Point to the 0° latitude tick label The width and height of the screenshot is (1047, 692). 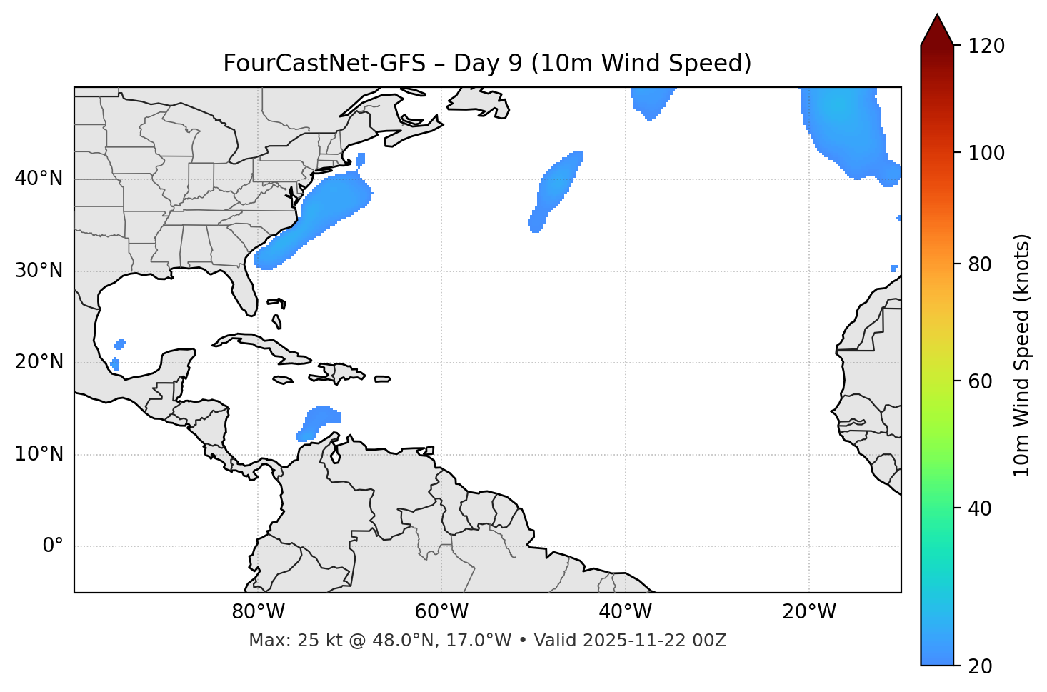coord(53,546)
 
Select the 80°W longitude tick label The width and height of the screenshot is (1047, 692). coord(258,612)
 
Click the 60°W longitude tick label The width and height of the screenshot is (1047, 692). coord(441,612)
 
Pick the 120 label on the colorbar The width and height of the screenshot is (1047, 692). coord(987,46)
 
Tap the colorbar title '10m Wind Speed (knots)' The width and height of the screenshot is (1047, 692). coord(1022,355)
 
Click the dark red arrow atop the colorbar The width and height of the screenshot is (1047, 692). coord(937,30)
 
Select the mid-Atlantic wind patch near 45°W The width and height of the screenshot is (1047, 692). coord(556,189)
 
